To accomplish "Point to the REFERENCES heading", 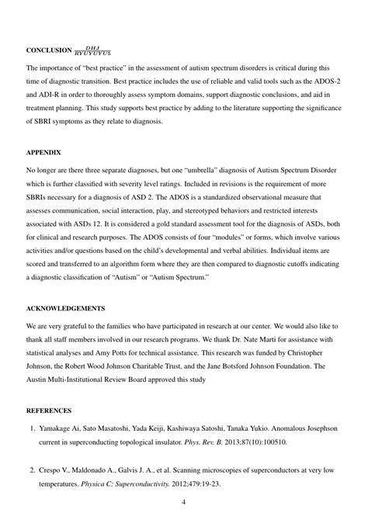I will [50, 410].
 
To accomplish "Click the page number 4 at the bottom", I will [183, 503].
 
